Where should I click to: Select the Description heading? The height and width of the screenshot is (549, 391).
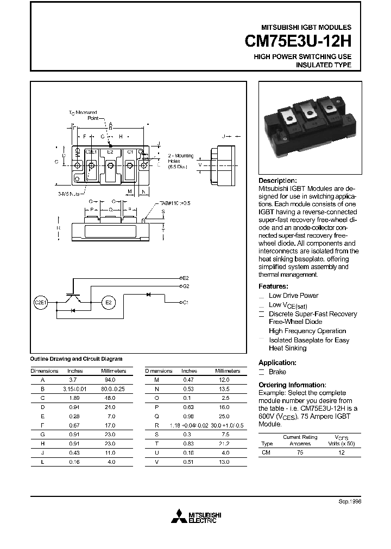tap(278, 181)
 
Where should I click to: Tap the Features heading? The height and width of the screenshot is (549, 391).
tap(273, 286)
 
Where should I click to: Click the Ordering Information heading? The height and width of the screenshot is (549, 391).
tap(292, 385)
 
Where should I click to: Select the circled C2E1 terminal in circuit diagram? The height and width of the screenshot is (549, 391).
tap(41, 302)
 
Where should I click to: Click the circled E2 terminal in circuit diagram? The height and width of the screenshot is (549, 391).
tap(108, 302)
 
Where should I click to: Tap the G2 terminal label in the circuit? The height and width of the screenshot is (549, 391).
tap(185, 285)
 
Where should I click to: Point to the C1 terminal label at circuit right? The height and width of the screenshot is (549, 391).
tap(185, 302)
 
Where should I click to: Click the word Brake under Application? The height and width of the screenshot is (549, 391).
tap(277, 372)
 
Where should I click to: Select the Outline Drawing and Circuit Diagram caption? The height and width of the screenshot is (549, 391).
tap(76, 359)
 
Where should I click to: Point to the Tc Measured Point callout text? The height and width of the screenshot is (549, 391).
tap(83, 114)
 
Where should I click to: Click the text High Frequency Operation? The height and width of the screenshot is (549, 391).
tap(307, 331)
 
